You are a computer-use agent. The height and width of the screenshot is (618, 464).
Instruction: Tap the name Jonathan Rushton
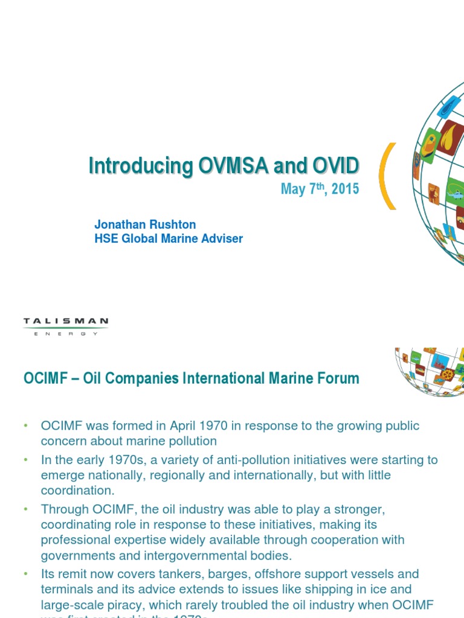point(145,225)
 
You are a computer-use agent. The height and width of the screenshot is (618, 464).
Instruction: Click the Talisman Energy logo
point(65,327)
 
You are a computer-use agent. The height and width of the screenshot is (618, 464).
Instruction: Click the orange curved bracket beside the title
point(387,176)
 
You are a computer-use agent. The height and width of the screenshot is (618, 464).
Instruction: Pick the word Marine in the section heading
point(275,379)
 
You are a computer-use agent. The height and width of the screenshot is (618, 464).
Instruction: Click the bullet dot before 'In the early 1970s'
point(26,460)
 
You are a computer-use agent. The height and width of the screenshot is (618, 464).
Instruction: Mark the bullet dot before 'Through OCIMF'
point(26,509)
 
